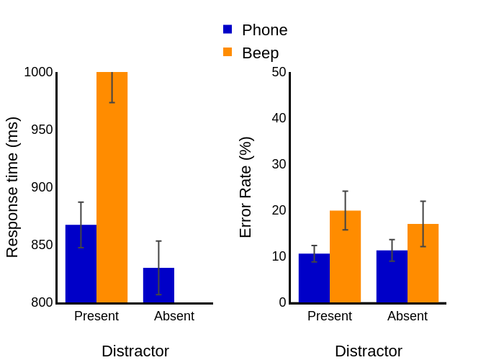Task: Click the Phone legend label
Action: click(x=264, y=30)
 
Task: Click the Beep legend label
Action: click(x=260, y=53)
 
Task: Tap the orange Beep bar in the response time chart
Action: click(x=112, y=187)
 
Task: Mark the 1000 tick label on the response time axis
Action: click(x=38, y=72)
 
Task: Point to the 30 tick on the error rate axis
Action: click(x=279, y=164)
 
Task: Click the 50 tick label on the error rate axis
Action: click(x=279, y=72)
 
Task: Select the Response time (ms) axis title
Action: click(x=12, y=187)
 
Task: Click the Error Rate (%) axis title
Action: click(x=246, y=187)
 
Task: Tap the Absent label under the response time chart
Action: click(x=174, y=316)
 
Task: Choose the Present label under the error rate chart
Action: click(x=330, y=316)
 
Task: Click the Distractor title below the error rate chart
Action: click(x=369, y=351)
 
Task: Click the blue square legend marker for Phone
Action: click(x=228, y=30)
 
